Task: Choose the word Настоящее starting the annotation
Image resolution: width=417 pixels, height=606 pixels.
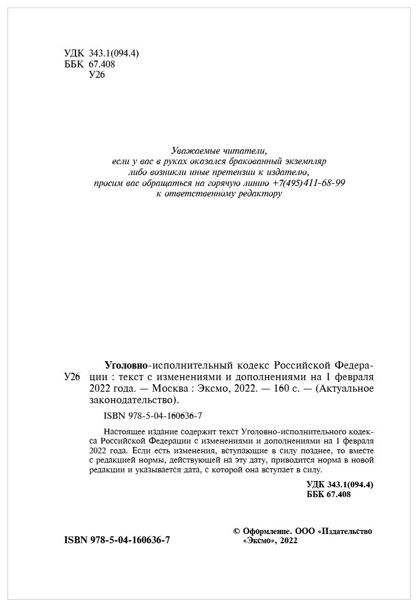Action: tap(124, 431)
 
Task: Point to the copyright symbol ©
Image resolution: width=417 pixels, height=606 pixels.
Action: tap(235, 531)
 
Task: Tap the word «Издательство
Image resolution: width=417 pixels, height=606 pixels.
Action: tap(344, 531)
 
